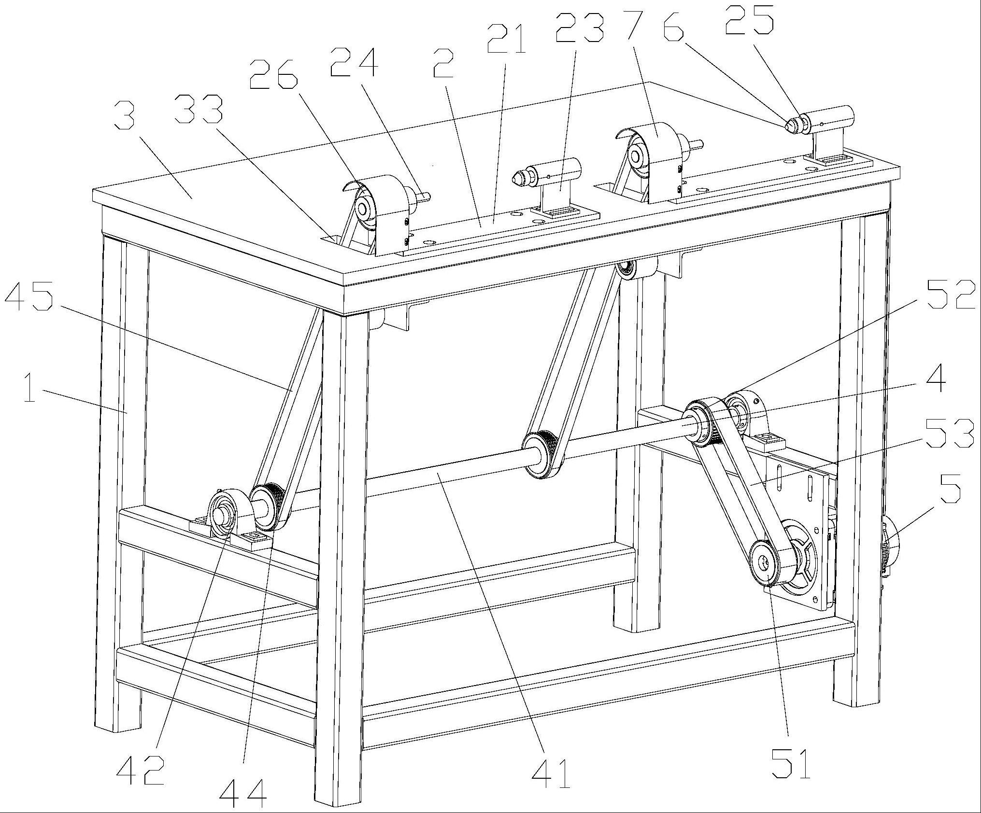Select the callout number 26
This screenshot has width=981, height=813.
click(273, 75)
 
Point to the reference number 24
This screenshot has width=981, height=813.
click(354, 62)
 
